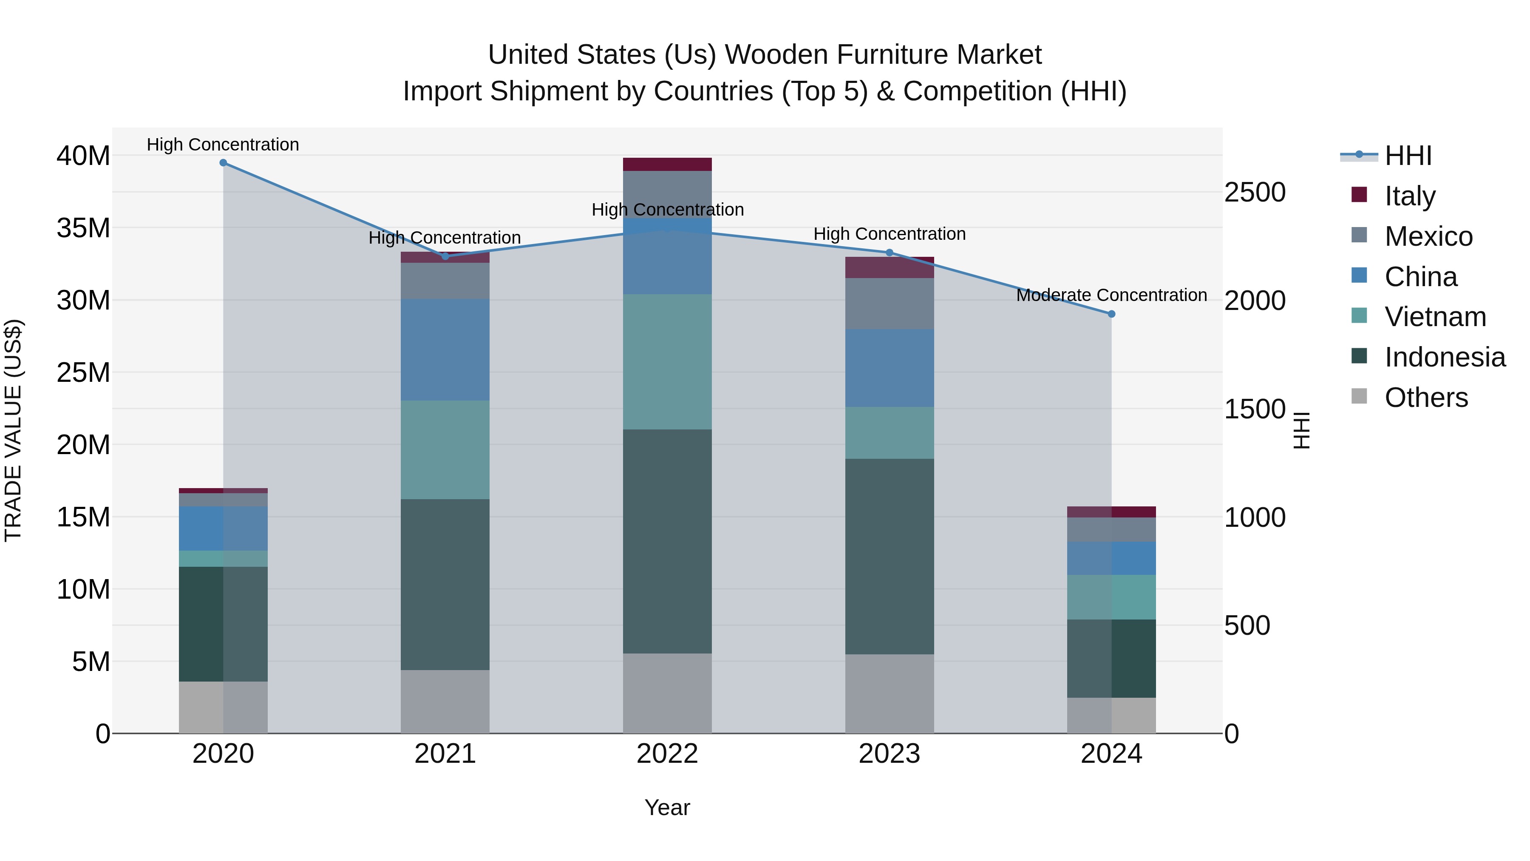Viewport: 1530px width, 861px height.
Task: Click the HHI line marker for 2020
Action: [x=223, y=163]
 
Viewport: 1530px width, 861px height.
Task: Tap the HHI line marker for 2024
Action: [x=1112, y=314]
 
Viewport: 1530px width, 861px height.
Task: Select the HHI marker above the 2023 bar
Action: [x=890, y=253]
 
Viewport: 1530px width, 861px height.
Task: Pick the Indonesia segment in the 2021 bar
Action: [x=445, y=584]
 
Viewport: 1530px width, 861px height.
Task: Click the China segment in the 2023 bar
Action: [x=890, y=368]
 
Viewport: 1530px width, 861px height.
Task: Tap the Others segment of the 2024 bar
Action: [x=1112, y=716]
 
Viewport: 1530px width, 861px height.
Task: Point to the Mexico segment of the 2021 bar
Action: [x=445, y=281]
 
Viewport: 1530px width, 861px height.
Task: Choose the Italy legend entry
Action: [x=1409, y=196]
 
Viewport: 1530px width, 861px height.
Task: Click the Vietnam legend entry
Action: [x=1435, y=317]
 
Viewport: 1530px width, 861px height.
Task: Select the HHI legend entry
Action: [x=1408, y=156]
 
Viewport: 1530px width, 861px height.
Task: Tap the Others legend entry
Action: [x=1425, y=398]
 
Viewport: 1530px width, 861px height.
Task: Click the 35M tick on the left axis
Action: [x=83, y=228]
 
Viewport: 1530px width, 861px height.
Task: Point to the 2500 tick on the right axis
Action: [x=1255, y=193]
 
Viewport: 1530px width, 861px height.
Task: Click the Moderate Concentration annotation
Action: [x=1111, y=296]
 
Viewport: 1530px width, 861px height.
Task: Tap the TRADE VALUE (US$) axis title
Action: [x=13, y=430]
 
